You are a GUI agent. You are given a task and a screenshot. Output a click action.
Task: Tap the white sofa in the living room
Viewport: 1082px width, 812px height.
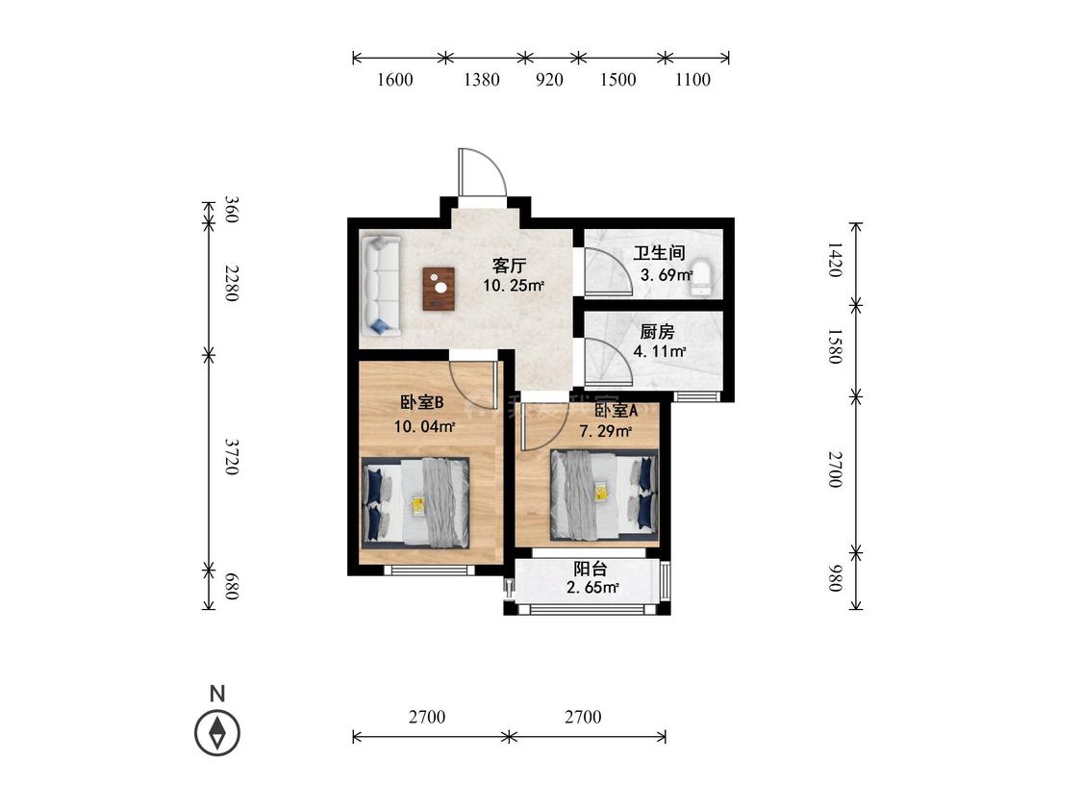point(381,286)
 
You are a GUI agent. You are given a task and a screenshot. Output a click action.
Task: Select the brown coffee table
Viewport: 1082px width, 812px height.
point(439,289)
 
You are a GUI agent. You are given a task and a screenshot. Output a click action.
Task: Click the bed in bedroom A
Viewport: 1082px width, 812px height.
point(604,495)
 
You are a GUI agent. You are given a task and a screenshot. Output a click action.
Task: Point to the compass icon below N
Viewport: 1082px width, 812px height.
point(217,732)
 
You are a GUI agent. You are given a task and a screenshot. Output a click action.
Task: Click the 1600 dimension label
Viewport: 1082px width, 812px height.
point(394,80)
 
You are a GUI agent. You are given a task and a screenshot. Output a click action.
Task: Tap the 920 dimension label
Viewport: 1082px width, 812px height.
point(549,80)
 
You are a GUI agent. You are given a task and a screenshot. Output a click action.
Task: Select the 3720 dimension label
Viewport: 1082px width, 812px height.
point(232,456)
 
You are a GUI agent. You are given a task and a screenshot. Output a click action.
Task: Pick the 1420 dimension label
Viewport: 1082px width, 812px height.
point(835,260)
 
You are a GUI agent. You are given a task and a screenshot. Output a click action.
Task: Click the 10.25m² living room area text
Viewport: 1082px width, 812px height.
point(514,285)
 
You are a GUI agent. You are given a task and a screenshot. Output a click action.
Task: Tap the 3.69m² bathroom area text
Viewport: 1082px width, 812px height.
point(667,275)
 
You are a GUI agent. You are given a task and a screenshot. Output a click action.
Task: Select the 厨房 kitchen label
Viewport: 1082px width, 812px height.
point(657,332)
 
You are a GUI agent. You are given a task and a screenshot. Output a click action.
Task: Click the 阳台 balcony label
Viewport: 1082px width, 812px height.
point(591,569)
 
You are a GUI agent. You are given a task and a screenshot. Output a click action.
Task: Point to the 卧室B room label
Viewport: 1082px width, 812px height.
point(421,402)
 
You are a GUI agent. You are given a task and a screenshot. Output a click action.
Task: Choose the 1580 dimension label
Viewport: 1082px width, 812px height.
point(835,346)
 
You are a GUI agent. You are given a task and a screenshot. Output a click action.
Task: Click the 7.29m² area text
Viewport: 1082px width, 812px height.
point(606,432)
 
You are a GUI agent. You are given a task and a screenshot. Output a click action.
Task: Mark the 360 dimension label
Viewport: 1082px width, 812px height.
point(232,210)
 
